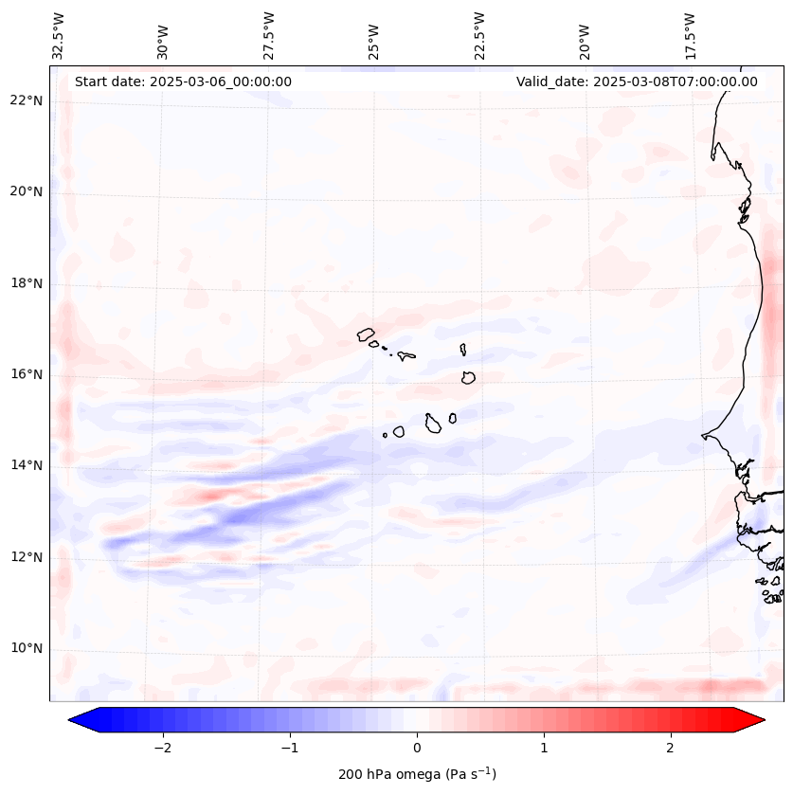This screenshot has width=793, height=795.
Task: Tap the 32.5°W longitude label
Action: tap(59, 36)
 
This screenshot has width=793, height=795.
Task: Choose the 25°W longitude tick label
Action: tap(374, 36)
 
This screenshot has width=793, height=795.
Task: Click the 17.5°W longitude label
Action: tap(690, 36)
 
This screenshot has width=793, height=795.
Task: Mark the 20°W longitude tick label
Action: tap(585, 36)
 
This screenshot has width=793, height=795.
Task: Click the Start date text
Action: tap(183, 81)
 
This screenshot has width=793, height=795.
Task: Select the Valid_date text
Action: tap(637, 81)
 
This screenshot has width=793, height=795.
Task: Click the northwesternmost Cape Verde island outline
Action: tap(366, 334)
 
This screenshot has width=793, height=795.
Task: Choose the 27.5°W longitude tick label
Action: tap(269, 36)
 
